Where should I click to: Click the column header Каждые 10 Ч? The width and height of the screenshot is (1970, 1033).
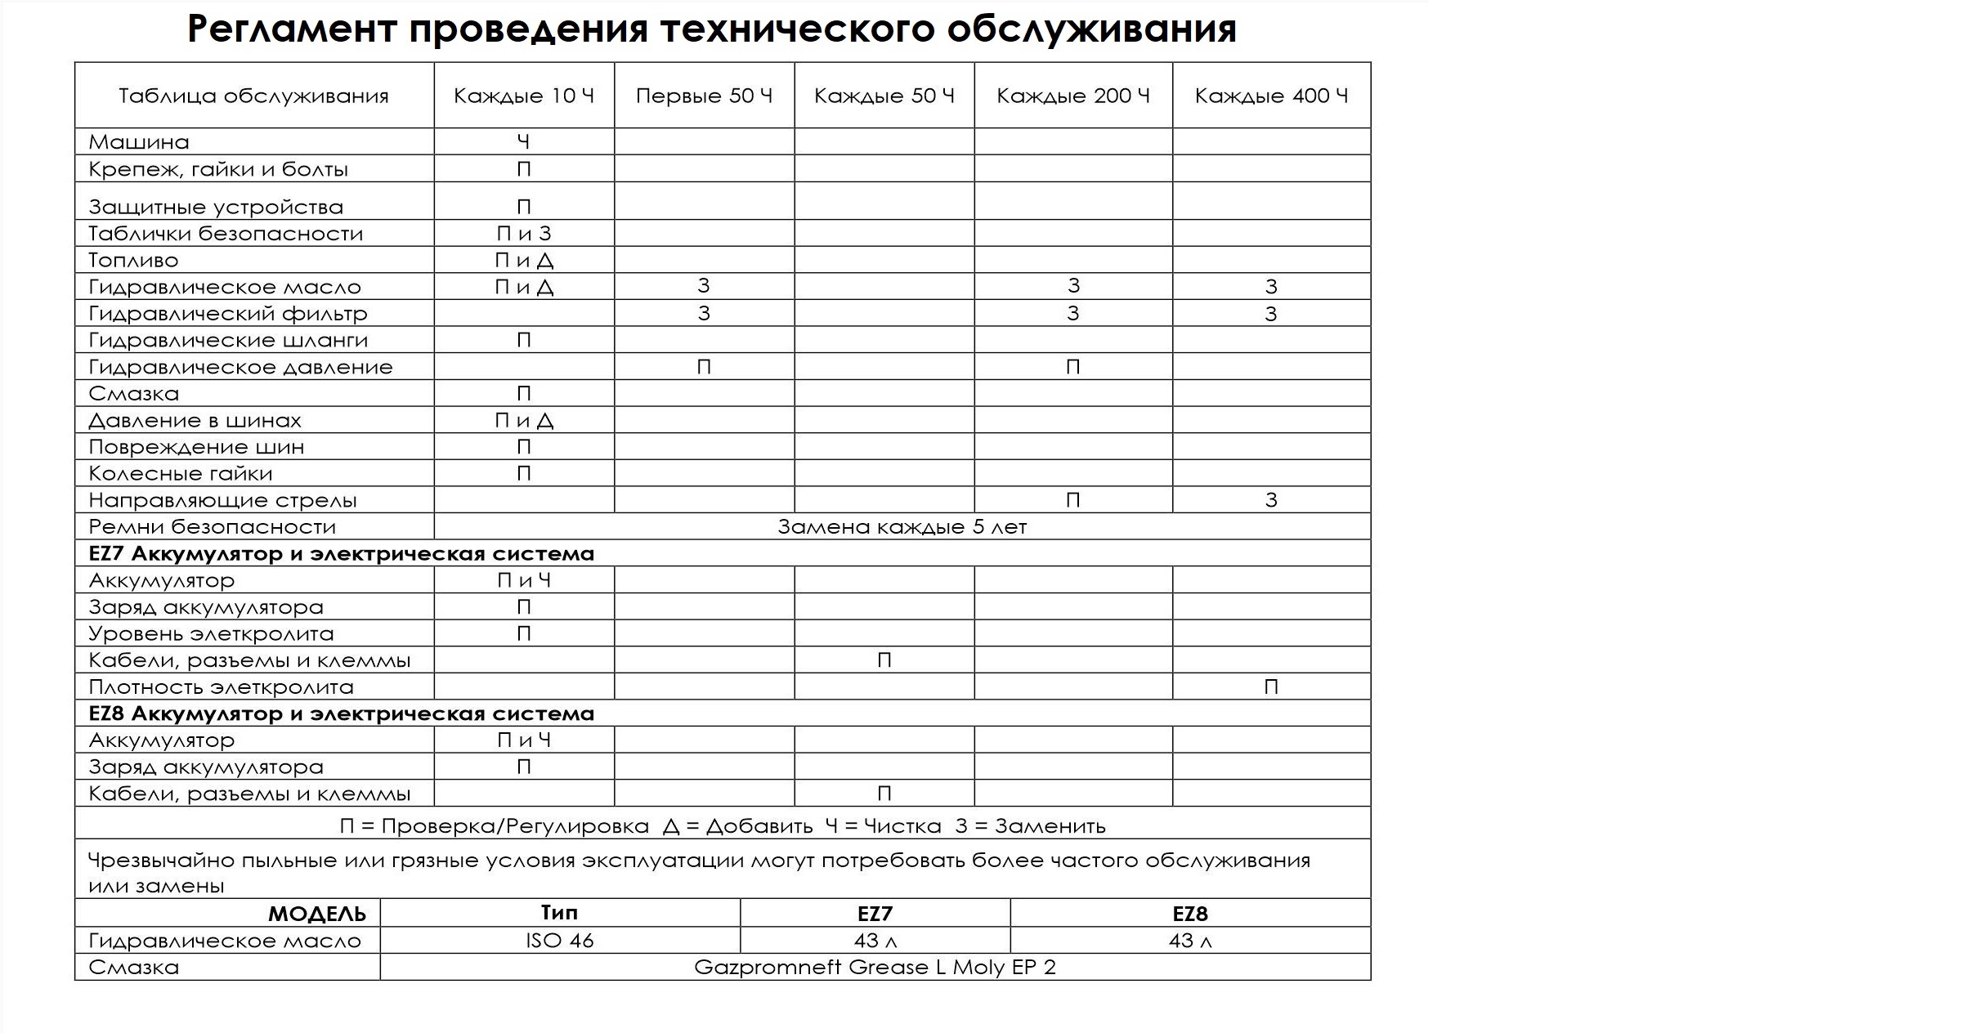pos(523,96)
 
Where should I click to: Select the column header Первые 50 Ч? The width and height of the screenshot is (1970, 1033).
pos(704,96)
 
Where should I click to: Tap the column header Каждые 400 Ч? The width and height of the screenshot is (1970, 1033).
pos(1271,96)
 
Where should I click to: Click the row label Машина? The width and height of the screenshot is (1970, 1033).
pos(139,142)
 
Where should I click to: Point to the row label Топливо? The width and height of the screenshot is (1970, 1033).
pos(133,261)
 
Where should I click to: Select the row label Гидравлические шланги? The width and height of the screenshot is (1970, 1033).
pos(228,340)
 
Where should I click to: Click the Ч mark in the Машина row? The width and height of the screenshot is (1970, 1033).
pos(524,142)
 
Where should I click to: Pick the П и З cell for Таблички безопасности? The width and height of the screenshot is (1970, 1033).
pos(524,234)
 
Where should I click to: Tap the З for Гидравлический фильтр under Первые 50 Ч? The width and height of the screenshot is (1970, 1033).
pos(704,314)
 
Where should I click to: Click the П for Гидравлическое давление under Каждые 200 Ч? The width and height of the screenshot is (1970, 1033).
pos(1073,367)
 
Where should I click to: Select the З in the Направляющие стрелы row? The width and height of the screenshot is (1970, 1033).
pos(1271,500)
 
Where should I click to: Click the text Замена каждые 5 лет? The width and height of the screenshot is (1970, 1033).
pos(902,527)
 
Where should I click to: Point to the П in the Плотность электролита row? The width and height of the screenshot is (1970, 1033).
pos(1271,687)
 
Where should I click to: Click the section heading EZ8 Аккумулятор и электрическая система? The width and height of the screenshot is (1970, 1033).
pos(341,713)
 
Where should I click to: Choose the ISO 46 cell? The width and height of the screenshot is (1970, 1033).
pos(560,941)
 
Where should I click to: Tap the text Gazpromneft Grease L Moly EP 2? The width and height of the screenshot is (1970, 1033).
pos(875,968)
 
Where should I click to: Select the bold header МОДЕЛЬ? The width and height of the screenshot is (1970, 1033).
pos(316,914)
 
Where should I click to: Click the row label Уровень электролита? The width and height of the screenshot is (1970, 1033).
pos(211,634)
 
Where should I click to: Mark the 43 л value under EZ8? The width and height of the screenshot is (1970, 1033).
pos(1190,941)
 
